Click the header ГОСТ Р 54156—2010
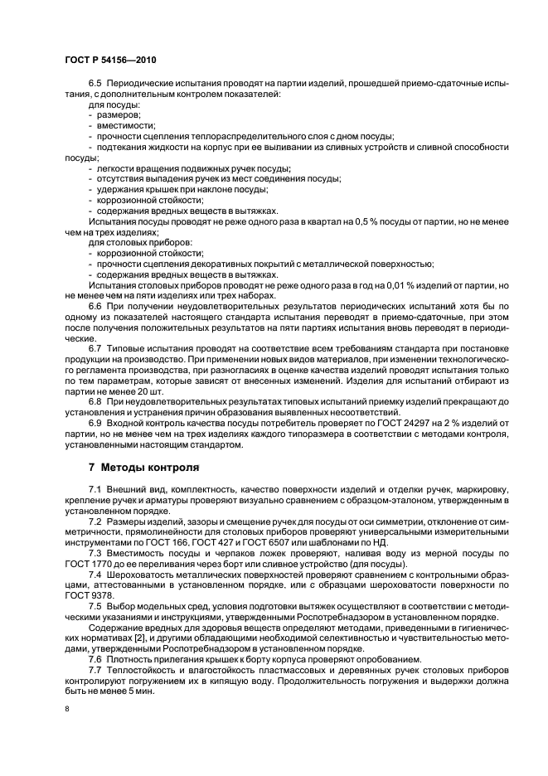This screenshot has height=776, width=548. (110, 61)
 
